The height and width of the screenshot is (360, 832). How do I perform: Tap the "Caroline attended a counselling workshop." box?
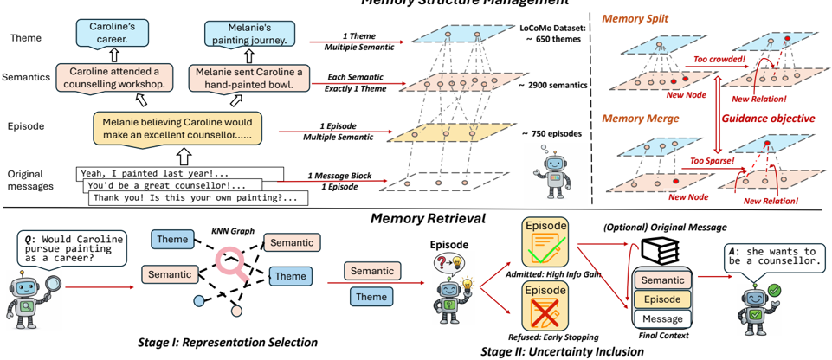click(109, 77)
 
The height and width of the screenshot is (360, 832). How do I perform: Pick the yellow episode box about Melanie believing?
click(181, 129)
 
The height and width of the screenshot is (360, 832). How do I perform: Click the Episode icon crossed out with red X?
click(544, 306)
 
